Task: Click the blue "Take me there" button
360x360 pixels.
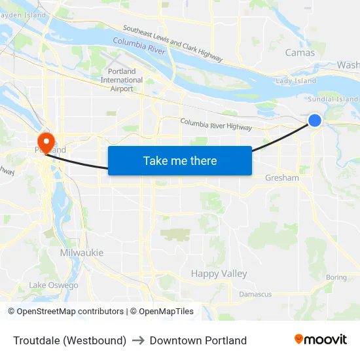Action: [180, 160]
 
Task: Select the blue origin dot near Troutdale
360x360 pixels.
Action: [315, 120]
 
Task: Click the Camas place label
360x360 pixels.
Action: [300, 53]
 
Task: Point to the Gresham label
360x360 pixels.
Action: [282, 178]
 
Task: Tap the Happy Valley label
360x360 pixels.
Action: [219, 274]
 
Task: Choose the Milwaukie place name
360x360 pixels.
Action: [81, 253]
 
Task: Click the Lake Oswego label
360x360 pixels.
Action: [54, 285]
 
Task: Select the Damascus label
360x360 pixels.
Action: [255, 295]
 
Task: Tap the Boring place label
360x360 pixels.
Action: [336, 278]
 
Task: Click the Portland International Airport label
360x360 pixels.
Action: [122, 80]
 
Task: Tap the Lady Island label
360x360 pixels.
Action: [296, 81]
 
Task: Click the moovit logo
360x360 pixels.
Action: [321, 340]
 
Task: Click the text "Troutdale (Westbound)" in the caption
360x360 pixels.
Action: [69, 340]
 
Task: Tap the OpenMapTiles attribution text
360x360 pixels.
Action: [162, 312]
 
